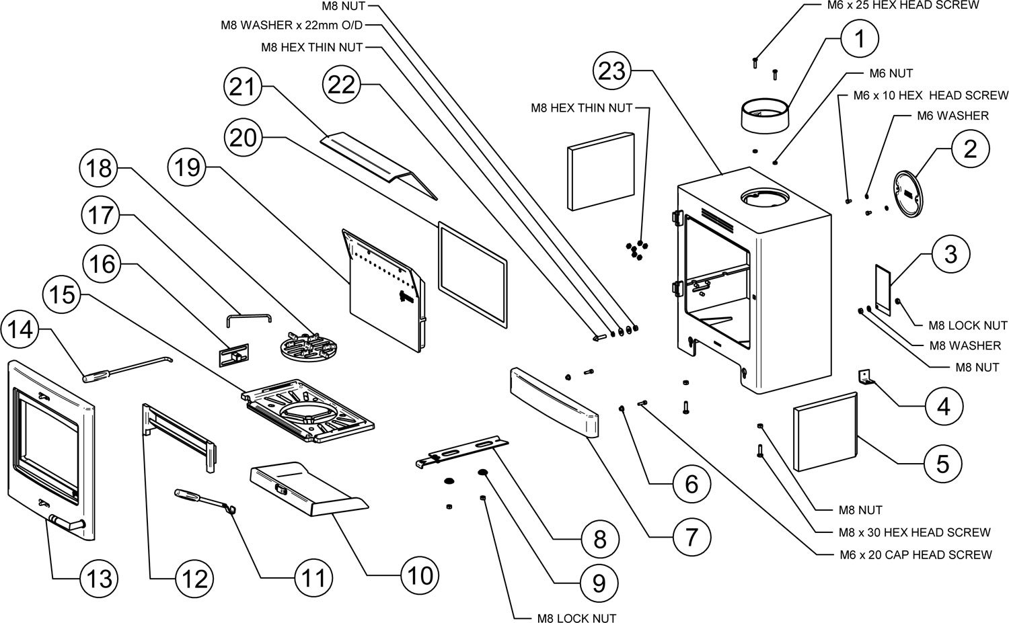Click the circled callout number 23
(613, 71)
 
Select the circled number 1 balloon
(859, 39)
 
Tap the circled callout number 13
(100, 577)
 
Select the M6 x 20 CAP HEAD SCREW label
(915, 554)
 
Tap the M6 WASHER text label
(952, 116)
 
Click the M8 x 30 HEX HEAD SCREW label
(915, 532)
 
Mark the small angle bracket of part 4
(866, 377)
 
